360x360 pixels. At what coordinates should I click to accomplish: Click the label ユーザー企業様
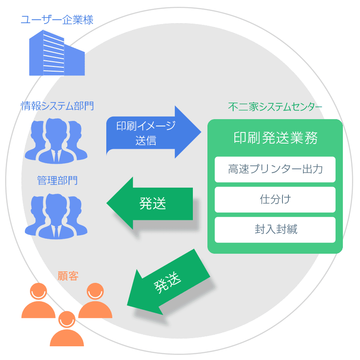click(x=57, y=20)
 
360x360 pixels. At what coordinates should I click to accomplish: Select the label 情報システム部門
click(x=57, y=106)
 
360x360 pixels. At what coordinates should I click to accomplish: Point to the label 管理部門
click(x=57, y=180)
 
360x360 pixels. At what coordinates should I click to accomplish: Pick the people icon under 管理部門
click(x=56, y=216)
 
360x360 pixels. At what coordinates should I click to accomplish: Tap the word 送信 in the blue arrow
click(x=146, y=140)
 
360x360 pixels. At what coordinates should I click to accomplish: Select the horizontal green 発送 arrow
click(x=150, y=204)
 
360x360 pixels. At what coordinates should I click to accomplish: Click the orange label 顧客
click(x=68, y=276)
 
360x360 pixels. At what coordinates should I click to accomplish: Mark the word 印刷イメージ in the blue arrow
click(x=146, y=126)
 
